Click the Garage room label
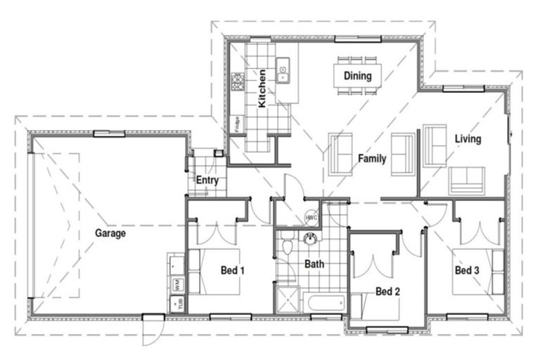[x=111, y=233]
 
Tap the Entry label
[x=207, y=181]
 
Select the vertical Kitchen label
[x=262, y=88]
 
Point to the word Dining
[x=357, y=75]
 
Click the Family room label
[x=372, y=159]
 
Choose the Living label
[x=468, y=139]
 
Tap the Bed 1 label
[x=233, y=269]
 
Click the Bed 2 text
[x=387, y=291]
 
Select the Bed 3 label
[x=467, y=270]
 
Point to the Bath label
[x=314, y=265]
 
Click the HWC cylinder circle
[x=311, y=218]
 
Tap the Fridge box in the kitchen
[x=238, y=124]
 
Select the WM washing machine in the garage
[x=175, y=284]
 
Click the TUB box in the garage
[x=175, y=304]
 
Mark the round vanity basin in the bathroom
[x=309, y=239]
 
